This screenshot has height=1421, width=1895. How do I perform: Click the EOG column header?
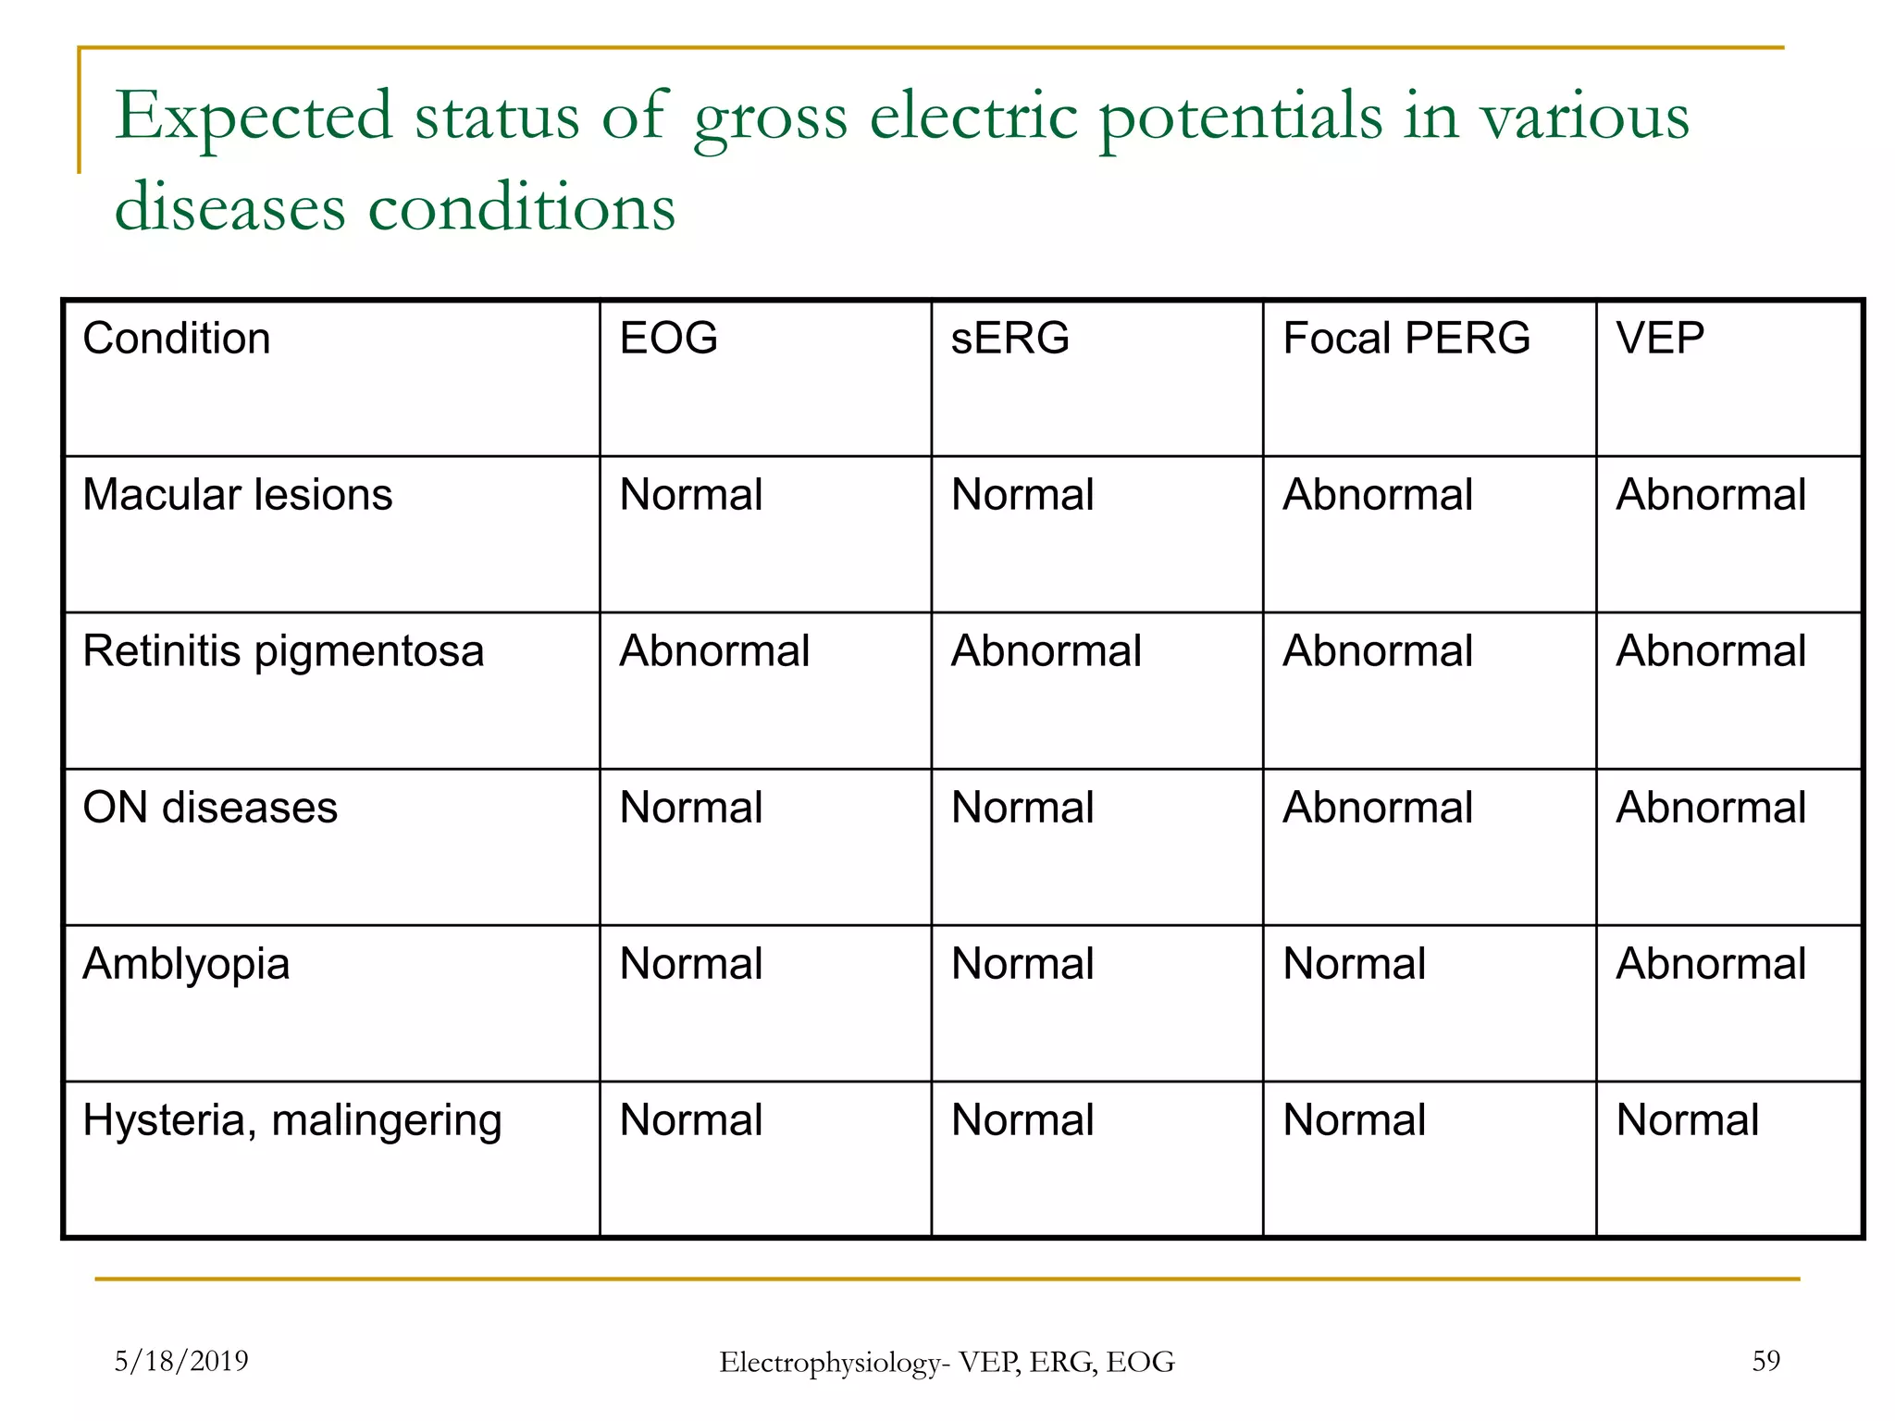(668, 338)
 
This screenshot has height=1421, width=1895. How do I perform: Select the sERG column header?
(1009, 338)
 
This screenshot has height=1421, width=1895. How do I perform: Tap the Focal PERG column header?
(1406, 338)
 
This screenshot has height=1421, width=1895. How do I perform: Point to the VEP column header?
(1659, 338)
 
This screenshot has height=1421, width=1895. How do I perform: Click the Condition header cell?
(177, 339)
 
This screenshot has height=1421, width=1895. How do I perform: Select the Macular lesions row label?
(237, 495)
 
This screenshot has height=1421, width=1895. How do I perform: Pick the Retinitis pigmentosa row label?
(283, 651)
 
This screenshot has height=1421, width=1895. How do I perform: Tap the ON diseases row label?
(210, 808)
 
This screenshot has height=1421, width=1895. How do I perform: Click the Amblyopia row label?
(186, 965)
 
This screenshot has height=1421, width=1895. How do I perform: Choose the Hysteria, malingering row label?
(292, 1121)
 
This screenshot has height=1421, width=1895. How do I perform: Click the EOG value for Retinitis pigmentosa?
(714, 650)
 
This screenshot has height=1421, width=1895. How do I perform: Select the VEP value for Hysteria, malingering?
(1687, 1120)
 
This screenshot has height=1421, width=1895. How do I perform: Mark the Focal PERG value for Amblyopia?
(1354, 964)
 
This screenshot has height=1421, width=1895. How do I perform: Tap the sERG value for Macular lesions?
(1022, 495)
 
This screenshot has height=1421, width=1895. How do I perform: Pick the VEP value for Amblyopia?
(1710, 964)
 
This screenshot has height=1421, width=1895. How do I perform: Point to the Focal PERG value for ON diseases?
(1377, 808)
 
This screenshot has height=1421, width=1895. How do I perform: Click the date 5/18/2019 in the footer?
(181, 1361)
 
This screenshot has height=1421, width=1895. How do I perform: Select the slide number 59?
(1765, 1361)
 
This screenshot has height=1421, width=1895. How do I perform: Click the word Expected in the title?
(254, 118)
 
